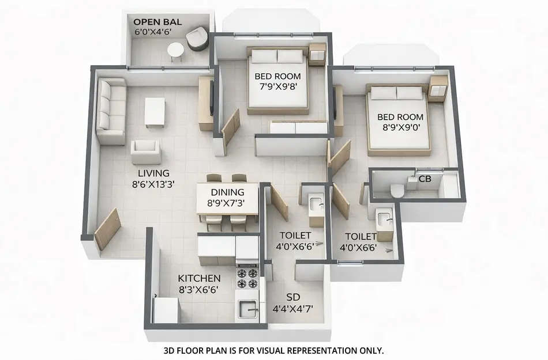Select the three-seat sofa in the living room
pyautogui.click(x=111, y=111)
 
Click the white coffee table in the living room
pyautogui.click(x=155, y=111)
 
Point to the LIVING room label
pyautogui.click(x=153, y=173)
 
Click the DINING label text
pyautogui.click(x=227, y=192)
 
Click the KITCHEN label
pyautogui.click(x=199, y=278)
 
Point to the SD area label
pyautogui.click(x=293, y=297)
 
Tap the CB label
pyautogui.click(x=425, y=179)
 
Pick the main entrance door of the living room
pyautogui.click(x=107, y=229)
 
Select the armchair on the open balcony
pyautogui.click(x=197, y=39)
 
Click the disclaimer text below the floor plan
pyautogui.click(x=273, y=350)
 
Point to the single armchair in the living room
pyautogui.click(x=145, y=151)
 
